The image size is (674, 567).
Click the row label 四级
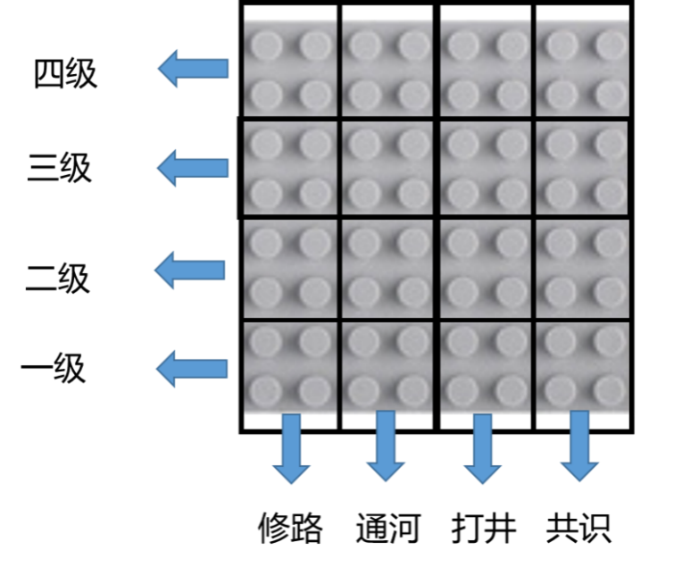[x=65, y=74]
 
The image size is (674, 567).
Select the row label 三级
[x=59, y=168]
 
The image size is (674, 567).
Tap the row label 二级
[x=58, y=279]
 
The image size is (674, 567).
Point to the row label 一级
[x=54, y=369]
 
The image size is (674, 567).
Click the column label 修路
[x=290, y=529]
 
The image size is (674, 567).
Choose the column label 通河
[x=387, y=529]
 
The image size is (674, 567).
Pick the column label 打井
[x=484, y=529]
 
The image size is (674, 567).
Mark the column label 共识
[x=578, y=529]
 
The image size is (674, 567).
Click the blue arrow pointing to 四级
[x=193, y=69]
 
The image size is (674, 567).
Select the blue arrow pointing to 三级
[x=192, y=168]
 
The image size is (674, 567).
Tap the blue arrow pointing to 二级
[x=189, y=270]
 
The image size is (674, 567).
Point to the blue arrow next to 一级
[x=191, y=369]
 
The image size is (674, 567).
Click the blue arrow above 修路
[x=291, y=449]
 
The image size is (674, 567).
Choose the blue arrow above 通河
[x=386, y=446]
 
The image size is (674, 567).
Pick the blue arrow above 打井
[x=482, y=449]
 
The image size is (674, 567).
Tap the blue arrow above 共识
[x=579, y=446]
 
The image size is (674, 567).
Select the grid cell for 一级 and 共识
[x=583, y=375]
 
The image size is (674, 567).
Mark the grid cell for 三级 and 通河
[x=388, y=168]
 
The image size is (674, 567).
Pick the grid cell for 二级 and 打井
[x=486, y=270]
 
